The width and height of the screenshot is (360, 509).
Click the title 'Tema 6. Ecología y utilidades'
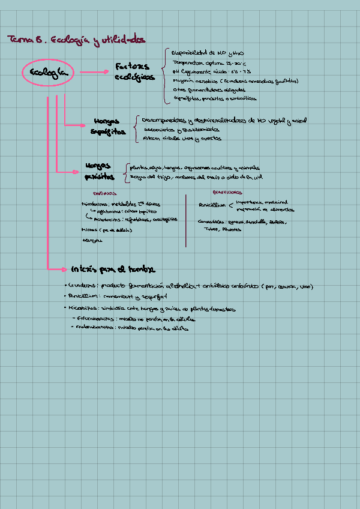pyautogui.click(x=76, y=40)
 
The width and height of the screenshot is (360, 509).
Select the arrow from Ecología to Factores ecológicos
pyautogui.click(x=93, y=73)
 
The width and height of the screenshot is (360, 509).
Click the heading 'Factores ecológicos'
pyautogui.click(x=134, y=72)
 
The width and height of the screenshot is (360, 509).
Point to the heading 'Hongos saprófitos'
pyautogui.click(x=109, y=126)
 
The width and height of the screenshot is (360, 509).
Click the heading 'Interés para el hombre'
pyautogui.click(x=112, y=268)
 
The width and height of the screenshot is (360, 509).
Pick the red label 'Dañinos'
pyautogui.click(x=104, y=193)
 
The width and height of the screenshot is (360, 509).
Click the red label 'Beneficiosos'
pyautogui.click(x=227, y=193)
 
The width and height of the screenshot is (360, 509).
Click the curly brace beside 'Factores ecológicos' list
pyautogui.click(x=164, y=75)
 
